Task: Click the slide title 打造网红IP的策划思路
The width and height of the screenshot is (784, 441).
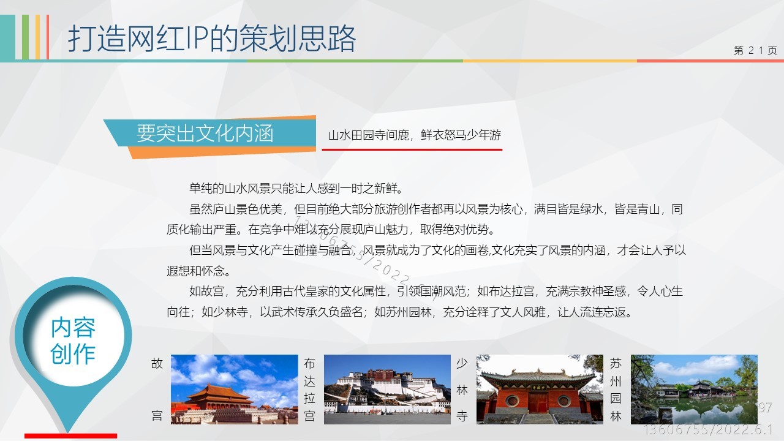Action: pos(212,39)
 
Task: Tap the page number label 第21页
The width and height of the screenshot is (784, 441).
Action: pos(755,50)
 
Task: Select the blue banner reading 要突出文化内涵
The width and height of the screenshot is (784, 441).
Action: pos(210,133)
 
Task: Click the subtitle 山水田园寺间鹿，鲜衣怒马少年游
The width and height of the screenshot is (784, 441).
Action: pos(415,135)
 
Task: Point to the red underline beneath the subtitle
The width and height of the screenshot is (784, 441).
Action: pos(412,149)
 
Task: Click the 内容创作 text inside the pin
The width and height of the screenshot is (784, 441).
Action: pos(73,341)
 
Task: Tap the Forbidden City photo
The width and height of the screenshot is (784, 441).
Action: pos(235,389)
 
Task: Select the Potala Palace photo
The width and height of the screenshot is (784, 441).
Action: pos(387,389)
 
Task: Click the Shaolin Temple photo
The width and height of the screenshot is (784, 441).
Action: pos(540,389)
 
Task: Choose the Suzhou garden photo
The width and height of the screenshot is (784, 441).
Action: pos(694,389)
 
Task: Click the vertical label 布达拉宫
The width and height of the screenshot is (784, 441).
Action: pos(309,390)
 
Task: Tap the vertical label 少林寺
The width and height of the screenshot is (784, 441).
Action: pos(462,390)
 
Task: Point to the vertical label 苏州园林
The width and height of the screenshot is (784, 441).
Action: pos(616,390)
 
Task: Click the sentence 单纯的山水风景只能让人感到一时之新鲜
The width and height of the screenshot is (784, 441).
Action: pos(296,189)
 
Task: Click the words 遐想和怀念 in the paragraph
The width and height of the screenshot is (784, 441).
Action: pos(195,271)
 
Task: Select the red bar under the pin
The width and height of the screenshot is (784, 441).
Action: pos(70,435)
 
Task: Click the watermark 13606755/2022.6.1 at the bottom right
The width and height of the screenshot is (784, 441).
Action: pos(708,430)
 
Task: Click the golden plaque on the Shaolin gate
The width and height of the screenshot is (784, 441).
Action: pos(538,388)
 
